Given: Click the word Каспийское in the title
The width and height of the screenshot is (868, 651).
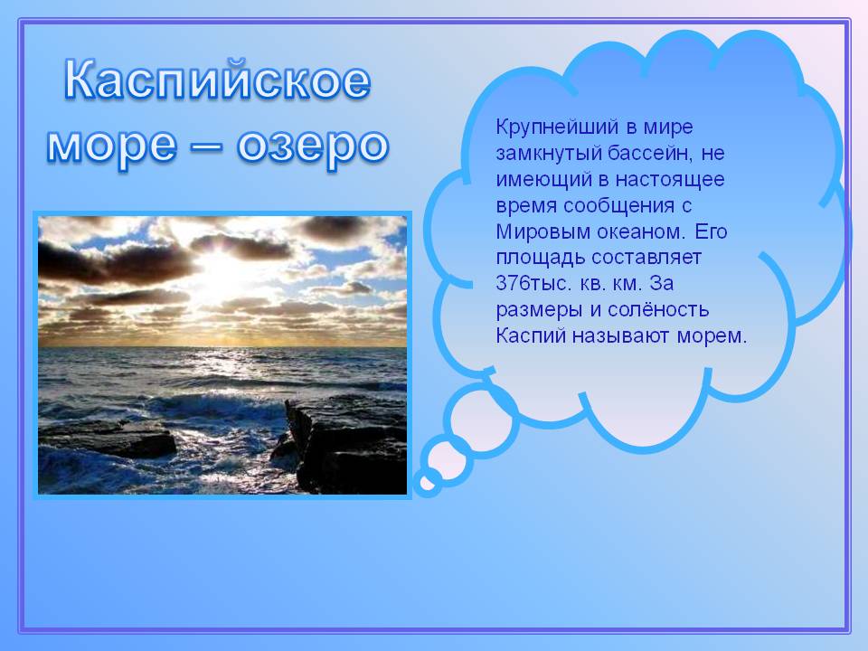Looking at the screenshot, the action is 217,81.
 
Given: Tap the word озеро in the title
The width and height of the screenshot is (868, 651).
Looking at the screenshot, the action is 313,146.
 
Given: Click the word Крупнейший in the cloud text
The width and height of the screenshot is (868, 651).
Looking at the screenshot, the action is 557,127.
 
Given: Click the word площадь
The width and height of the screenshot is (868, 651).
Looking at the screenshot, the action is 541,259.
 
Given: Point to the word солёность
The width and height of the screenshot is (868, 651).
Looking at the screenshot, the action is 657,309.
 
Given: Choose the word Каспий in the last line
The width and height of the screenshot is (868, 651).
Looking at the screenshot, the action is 531,335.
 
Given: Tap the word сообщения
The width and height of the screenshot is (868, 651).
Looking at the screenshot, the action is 618,206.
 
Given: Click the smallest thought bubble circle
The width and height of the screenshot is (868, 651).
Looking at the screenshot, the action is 427,483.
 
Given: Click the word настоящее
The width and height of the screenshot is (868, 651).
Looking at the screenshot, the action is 670,180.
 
